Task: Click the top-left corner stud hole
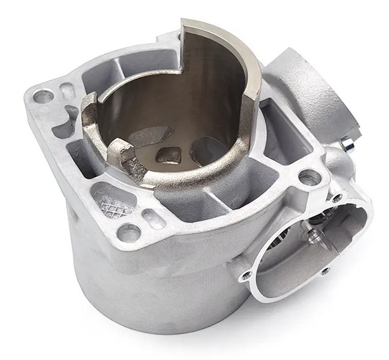coord(43,96)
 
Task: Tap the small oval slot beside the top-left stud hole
coord(67,91)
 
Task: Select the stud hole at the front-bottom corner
coord(128,233)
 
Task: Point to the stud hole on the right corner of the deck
coord(310,178)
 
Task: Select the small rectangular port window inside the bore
coord(168,155)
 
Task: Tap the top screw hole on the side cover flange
coord(337,198)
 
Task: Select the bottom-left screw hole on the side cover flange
coord(246,275)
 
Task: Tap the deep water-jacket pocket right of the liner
coord(282,134)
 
